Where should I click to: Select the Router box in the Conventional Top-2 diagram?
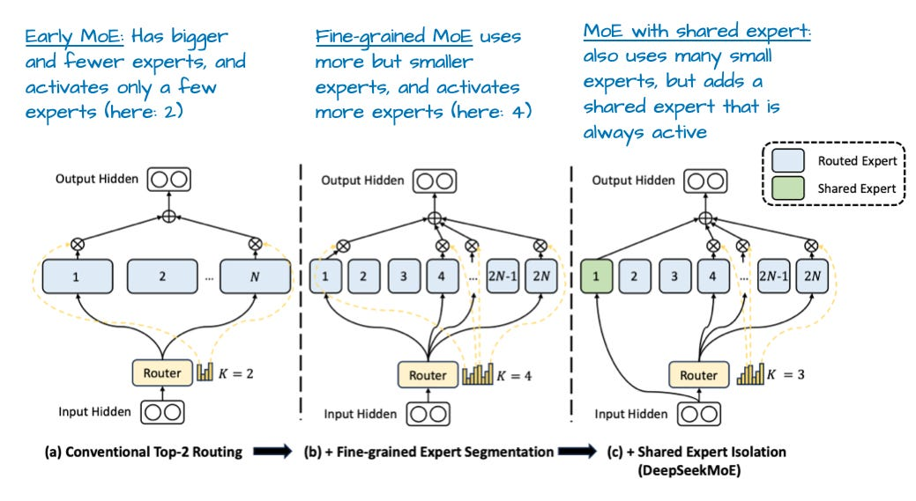click(x=161, y=372)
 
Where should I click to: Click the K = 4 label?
click(x=514, y=376)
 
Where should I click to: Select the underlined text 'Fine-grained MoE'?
click(x=392, y=38)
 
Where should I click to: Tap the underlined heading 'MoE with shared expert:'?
click(x=696, y=32)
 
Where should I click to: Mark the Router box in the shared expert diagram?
click(x=698, y=375)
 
